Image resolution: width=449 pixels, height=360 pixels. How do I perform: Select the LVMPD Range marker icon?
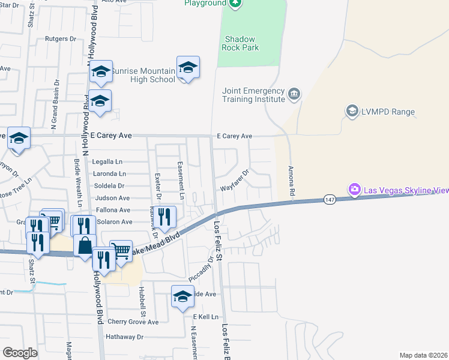coord(352,110)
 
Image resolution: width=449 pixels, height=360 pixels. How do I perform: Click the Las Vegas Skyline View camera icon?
coord(355,190)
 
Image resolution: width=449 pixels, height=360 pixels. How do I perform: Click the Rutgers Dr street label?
coord(61,38)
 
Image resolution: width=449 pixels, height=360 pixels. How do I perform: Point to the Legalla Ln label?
coord(107,162)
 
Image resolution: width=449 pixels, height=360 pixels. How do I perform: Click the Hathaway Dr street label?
coord(125,337)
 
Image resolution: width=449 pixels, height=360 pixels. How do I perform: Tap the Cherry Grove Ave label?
coord(133,322)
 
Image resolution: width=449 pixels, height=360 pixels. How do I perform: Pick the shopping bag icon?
coord(85,244)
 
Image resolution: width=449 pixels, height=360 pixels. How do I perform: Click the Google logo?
coord(20,353)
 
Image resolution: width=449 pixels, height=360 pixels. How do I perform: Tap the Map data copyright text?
coord(423,355)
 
